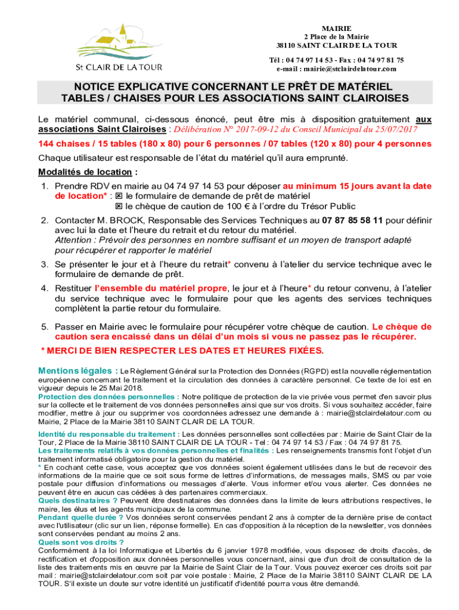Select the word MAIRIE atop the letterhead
336,29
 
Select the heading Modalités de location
83,172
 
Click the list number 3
44,264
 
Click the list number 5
44,327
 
